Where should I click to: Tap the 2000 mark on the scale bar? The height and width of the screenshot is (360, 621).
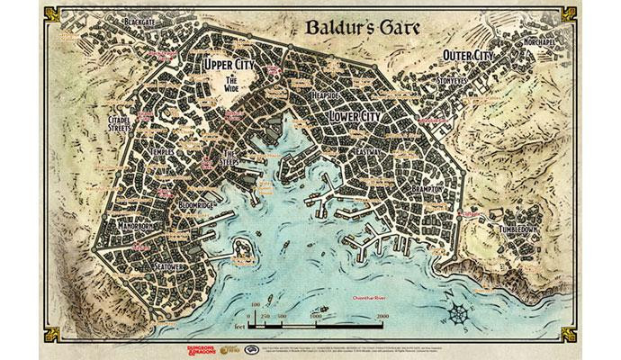(382, 318)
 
